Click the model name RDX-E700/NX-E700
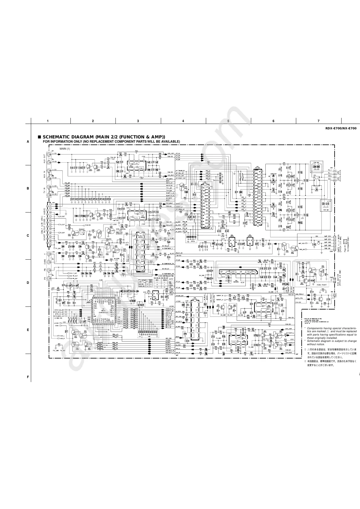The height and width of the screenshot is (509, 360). [341, 128]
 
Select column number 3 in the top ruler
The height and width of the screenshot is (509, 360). [138, 121]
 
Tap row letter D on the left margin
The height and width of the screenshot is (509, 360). [28, 283]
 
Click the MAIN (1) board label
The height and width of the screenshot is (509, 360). [65, 149]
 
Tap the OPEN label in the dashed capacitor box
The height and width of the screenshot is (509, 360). [192, 242]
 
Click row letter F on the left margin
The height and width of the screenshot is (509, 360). [28, 377]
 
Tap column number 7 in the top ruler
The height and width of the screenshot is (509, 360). [318, 121]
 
